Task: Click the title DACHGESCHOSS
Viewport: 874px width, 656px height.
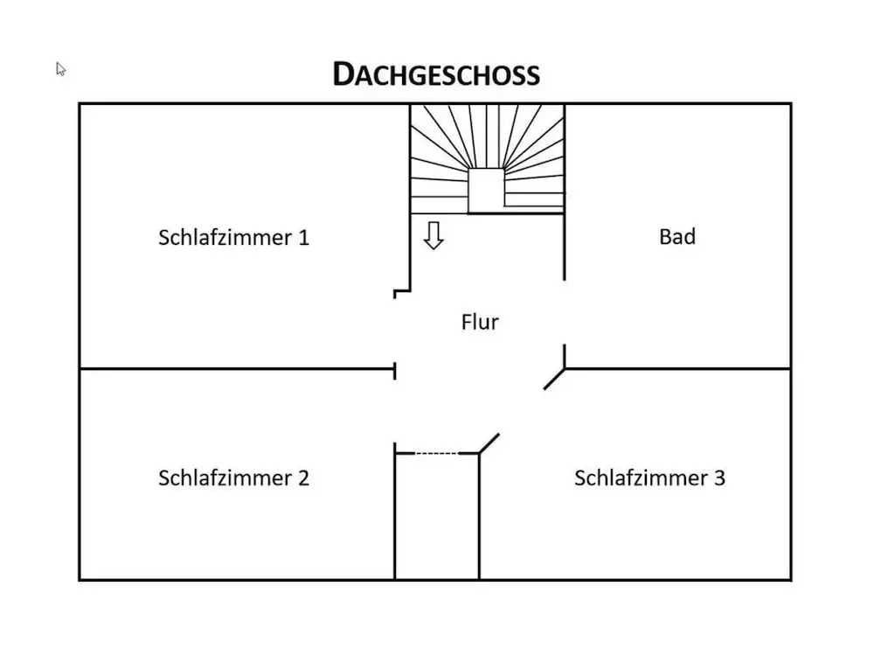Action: (436, 74)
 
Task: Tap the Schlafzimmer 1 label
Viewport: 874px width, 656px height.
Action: (233, 237)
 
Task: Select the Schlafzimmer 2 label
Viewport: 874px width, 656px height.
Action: (233, 478)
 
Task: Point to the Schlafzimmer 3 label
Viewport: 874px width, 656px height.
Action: (649, 478)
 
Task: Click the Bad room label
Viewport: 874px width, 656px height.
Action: (677, 236)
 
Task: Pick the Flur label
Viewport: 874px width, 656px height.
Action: (480, 322)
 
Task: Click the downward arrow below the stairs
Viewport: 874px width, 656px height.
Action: (434, 236)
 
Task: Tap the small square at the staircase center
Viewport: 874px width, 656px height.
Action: (486, 189)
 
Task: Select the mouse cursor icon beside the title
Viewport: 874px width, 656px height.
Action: (61, 69)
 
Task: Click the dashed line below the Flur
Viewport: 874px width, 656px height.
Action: (435, 453)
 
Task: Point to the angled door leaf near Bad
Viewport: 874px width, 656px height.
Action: (553, 379)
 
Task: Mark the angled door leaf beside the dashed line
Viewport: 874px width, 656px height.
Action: (489, 443)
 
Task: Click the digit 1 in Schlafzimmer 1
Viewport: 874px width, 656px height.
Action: (303, 237)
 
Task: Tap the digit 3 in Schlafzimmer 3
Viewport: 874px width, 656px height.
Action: (719, 478)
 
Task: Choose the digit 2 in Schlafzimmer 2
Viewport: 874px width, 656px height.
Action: (302, 478)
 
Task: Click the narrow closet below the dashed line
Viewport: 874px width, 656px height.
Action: (436, 516)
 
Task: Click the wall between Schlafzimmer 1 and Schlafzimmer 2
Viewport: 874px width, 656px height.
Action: (236, 368)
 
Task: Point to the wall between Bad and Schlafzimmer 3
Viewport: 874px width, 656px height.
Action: (677, 368)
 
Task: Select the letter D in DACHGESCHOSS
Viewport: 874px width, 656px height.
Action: (343, 74)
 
